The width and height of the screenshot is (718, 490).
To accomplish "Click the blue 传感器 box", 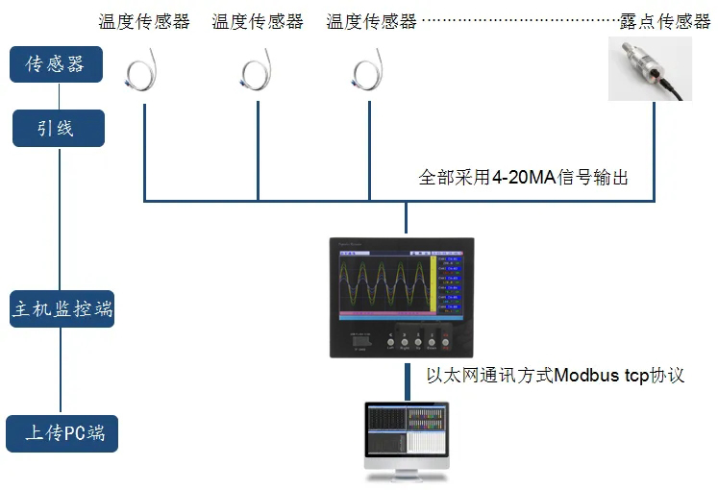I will tap(56, 64).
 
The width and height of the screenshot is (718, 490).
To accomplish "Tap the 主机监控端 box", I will tap(62, 309).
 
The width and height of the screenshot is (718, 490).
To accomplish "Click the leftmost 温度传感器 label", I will tap(143, 21).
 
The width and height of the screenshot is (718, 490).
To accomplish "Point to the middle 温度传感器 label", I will tap(257, 21).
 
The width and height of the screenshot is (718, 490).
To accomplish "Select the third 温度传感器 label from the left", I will tap(371, 21).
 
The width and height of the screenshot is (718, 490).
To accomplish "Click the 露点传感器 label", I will tap(663, 21).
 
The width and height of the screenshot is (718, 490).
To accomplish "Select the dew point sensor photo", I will tap(650, 69).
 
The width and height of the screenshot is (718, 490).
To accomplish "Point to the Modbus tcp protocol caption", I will tap(555, 375).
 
